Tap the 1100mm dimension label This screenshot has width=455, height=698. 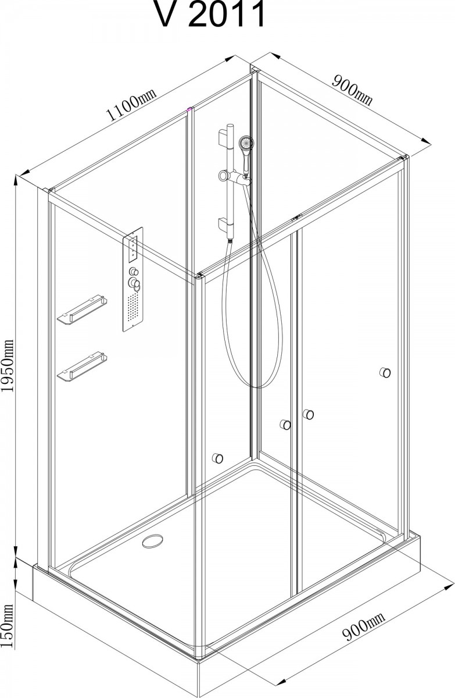(x=130, y=104)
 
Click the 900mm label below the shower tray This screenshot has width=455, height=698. (x=364, y=622)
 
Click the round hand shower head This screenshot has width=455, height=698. (x=246, y=143)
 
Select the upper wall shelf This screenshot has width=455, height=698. (x=82, y=308)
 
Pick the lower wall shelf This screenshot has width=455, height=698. (x=82, y=366)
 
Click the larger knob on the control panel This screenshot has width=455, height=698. (x=134, y=283)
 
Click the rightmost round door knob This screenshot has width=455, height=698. (x=385, y=372)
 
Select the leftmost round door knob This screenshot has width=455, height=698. (x=217, y=458)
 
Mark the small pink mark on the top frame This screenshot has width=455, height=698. (x=189, y=109)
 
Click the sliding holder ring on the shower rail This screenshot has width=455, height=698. (x=224, y=176)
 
